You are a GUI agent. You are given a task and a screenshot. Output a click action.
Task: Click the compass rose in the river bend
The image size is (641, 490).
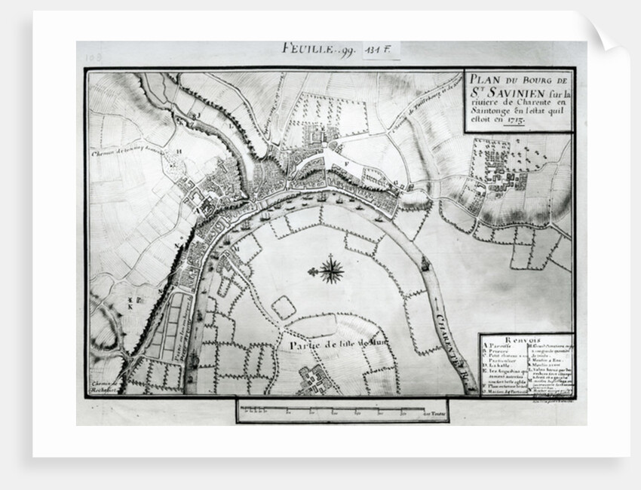click(x=330, y=269)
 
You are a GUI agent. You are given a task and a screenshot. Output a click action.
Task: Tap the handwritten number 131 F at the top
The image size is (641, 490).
click(x=382, y=51)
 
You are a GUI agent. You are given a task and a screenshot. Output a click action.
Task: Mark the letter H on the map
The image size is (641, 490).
click(x=179, y=151)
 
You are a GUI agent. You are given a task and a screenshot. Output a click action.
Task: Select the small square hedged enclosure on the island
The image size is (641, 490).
click(x=283, y=307)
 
